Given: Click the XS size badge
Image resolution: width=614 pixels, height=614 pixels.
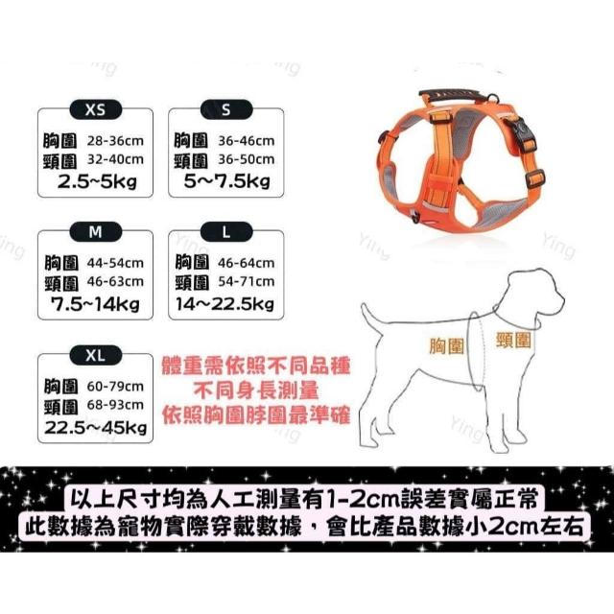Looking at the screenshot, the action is (96, 109).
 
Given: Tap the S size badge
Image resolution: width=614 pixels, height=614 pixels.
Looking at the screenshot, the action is (226, 109).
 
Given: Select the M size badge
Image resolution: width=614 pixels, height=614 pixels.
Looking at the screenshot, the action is (96, 232).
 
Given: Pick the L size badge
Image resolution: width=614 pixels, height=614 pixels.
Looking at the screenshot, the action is (226, 232).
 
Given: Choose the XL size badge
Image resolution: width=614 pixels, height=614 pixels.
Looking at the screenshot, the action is (96, 355).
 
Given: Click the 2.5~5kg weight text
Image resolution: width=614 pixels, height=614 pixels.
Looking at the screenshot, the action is (97, 181).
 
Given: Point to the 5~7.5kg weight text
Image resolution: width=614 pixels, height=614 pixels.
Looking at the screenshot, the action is (227, 181).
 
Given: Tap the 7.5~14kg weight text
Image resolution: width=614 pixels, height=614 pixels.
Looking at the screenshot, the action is (96, 304).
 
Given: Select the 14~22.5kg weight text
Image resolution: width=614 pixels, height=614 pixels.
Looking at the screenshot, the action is (224, 304).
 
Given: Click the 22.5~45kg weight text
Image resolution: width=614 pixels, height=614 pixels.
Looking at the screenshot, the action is (96, 427).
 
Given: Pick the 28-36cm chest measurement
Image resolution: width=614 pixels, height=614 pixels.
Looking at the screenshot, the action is (115, 141).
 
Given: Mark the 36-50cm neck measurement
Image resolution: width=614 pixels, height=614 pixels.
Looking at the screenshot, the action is (247, 159).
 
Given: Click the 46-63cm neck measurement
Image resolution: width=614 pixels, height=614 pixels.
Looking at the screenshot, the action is (115, 281).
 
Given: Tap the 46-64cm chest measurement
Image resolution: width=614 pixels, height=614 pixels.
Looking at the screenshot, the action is (247, 263).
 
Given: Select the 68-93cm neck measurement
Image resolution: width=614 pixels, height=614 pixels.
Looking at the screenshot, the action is (115, 405).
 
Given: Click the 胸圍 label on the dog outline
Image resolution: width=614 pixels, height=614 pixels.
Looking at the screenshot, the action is (447, 345).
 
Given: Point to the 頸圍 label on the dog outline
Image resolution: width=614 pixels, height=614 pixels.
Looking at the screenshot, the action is (513, 340).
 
